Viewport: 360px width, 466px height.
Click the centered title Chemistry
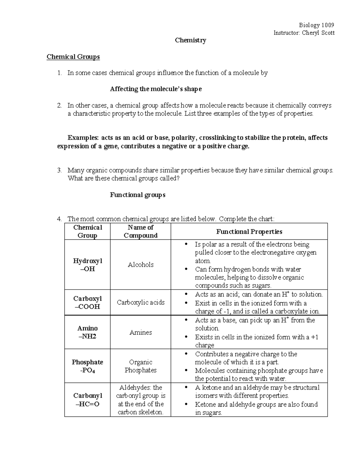tap(190, 40)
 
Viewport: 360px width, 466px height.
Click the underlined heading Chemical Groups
tap(73, 57)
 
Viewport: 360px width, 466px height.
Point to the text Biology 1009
tap(316, 25)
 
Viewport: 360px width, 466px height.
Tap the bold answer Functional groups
tap(137, 195)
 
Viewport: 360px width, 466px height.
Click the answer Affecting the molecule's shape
tap(156, 89)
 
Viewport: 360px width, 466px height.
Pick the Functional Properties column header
tap(249, 231)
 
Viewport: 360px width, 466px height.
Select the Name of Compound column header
tap(140, 231)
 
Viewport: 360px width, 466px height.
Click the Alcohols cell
tap(140, 265)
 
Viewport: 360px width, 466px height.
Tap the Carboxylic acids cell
tap(140, 302)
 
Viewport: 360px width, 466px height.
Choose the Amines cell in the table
tap(140, 332)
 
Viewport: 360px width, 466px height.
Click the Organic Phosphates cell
tap(140, 366)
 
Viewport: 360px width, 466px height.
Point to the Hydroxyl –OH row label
tap(87, 265)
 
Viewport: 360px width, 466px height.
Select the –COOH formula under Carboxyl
tap(87, 307)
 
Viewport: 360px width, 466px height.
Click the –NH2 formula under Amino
tap(87, 336)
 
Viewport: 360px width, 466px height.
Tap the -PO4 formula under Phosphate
tap(87, 371)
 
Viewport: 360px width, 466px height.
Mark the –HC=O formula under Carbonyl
tap(87, 404)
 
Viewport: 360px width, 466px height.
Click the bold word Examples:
tap(83, 138)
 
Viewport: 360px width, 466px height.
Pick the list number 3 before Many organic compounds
tap(59, 170)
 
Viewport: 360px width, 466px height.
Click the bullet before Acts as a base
tap(187, 320)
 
